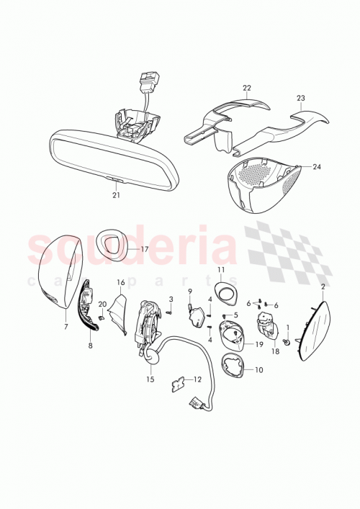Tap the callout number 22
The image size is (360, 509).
coord(246,89)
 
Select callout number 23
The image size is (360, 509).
coord(301,99)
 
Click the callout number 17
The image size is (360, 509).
coord(144,249)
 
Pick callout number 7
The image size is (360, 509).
coord(66,327)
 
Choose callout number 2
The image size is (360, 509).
coord(323,287)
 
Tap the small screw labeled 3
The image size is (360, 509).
coord(167,312)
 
